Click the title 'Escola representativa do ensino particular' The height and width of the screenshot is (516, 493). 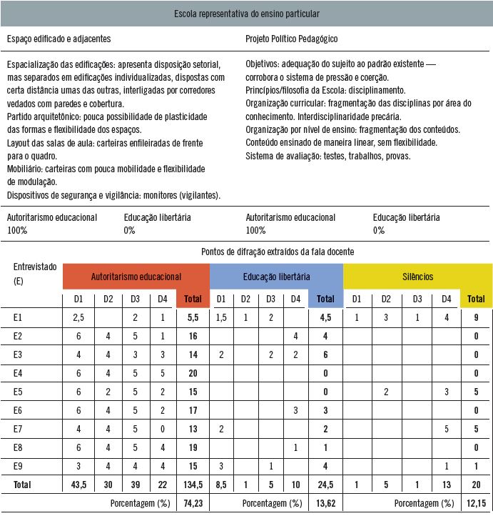247,13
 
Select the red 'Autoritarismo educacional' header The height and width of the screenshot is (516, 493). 136,276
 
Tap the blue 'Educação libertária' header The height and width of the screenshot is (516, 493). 276,276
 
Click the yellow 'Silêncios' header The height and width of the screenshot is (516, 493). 418,276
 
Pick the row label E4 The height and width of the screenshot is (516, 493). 19,372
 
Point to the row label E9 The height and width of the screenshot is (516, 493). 19,465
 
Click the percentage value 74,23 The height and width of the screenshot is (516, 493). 191,503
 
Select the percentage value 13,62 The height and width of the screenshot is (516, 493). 325,503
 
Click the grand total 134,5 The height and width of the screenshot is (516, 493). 191,484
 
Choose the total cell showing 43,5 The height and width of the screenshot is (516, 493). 79,484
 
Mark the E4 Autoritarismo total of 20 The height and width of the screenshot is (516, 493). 191,372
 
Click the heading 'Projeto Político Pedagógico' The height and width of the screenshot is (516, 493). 291,39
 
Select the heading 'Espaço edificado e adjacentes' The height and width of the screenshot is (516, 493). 59,39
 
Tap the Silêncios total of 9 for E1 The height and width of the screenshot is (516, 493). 475,317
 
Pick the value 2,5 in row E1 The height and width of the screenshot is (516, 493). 79,317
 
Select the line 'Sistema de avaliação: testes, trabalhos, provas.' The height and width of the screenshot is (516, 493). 327,155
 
